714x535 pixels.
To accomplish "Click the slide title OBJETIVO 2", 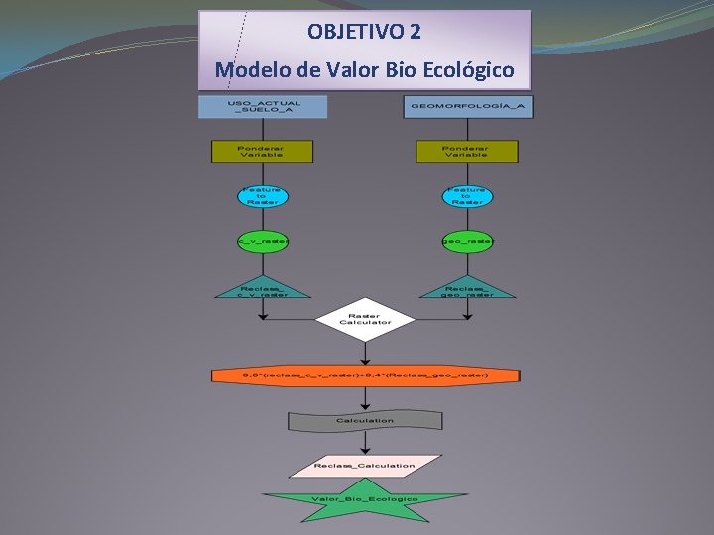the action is [364, 32].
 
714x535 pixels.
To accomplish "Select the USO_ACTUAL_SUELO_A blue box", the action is [263, 106].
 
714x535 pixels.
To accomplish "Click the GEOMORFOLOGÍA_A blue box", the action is [467, 106].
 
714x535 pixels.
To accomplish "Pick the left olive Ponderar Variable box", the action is [262, 152].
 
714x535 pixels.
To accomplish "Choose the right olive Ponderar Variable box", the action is [466, 152].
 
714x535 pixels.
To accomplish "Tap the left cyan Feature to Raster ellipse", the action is [263, 196].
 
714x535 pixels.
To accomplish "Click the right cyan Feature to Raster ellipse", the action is [466, 196].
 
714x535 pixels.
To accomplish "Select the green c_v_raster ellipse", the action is [263, 241].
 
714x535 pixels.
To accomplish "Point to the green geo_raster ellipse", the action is [466, 241].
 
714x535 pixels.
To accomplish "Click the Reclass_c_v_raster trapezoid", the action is [262, 286].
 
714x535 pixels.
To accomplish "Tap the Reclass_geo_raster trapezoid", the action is [466, 286].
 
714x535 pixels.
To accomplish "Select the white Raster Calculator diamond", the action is [365, 319].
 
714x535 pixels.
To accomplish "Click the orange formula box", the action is [365, 376].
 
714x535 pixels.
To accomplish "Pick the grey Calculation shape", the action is [365, 421].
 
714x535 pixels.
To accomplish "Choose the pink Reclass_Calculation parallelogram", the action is [365, 465].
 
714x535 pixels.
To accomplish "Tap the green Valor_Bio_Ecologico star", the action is [365, 499].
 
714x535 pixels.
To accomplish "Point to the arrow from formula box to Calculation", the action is [365, 397].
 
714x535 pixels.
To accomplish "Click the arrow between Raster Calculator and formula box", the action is [365, 354].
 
